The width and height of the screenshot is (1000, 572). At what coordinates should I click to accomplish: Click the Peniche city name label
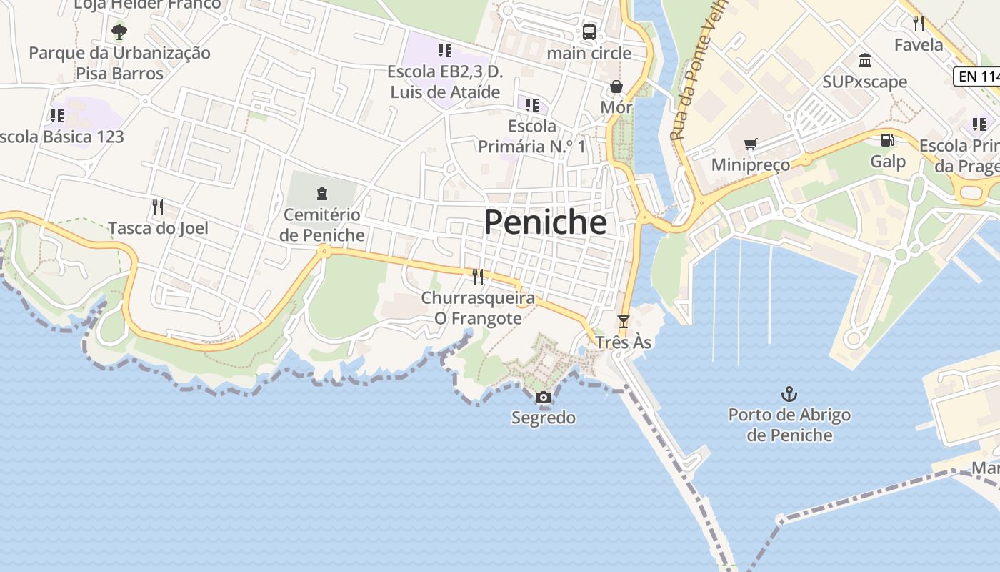point(545,222)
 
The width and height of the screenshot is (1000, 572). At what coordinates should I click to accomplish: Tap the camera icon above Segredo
point(544,398)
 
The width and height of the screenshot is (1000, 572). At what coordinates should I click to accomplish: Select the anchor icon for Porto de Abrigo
point(789,394)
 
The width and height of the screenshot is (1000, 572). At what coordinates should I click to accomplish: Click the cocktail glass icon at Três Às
point(624,322)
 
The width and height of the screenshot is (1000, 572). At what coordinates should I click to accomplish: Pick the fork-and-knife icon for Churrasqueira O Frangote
point(478,277)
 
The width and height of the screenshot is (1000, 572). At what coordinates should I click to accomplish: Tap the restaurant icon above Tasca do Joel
point(158,207)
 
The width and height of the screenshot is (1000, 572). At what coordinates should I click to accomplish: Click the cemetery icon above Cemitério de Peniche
point(321,193)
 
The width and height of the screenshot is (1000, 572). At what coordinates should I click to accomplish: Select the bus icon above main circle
point(589,31)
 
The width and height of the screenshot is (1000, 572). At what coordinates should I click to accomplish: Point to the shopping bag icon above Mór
point(616,87)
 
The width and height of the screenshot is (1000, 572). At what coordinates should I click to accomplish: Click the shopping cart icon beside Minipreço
point(750,144)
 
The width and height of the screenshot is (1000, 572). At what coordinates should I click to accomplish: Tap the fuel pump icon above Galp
point(887,141)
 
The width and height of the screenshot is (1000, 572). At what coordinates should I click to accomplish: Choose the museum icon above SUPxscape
point(865,60)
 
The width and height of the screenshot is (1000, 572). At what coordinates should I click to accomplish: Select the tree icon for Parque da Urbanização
point(119,31)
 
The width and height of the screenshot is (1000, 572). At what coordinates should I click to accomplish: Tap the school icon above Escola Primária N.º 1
point(532,105)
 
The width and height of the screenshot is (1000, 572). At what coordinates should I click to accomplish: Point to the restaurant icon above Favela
point(919,24)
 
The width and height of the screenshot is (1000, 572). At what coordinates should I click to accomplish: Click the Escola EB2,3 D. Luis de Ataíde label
point(444,82)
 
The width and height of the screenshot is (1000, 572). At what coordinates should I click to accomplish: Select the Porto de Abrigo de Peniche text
point(789,425)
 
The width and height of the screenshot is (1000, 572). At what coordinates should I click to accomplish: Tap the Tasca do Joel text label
point(158,228)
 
